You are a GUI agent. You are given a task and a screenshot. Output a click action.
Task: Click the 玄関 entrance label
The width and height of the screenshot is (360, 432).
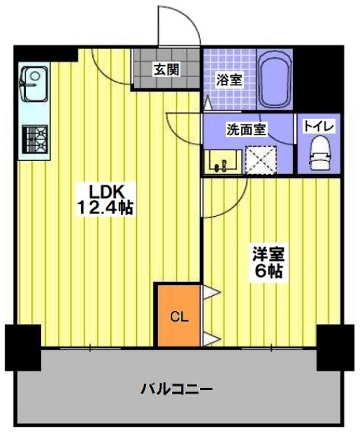coord(166,69)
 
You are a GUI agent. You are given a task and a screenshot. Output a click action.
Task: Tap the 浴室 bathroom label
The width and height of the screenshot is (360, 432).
coord(229,80)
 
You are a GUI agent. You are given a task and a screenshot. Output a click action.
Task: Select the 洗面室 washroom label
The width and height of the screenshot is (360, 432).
coord(246,129)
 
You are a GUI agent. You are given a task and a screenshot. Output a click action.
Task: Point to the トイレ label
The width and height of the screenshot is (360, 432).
coord(319,127)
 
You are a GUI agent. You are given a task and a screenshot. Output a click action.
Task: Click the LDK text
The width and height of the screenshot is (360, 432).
coord(105,191)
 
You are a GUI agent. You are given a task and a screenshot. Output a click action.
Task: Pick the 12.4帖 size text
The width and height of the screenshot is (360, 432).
coord(105,208)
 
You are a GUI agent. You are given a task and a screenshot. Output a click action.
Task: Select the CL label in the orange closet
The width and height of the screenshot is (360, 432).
coord(179,317)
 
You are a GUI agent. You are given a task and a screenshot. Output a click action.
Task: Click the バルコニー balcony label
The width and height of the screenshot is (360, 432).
coord(177,389)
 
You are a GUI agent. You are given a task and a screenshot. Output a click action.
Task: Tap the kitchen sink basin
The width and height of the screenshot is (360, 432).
coord(34,84)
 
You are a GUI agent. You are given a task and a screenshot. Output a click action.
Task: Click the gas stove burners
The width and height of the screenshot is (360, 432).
coord(35,139)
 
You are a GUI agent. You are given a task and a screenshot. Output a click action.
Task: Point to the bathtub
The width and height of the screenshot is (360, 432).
coord(274,80)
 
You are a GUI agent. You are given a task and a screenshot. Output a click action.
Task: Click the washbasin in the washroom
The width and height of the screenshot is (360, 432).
coord(223,162)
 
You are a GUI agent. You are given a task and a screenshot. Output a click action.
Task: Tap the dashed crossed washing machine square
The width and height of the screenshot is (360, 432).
coord(261,160)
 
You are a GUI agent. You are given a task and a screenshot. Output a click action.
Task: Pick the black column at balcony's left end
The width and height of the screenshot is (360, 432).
coord(23,348)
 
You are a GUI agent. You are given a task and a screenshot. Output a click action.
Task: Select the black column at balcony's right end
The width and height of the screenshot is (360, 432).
coord(335,348)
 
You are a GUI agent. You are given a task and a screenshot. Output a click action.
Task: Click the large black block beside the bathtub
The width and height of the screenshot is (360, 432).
coord(317,78)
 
